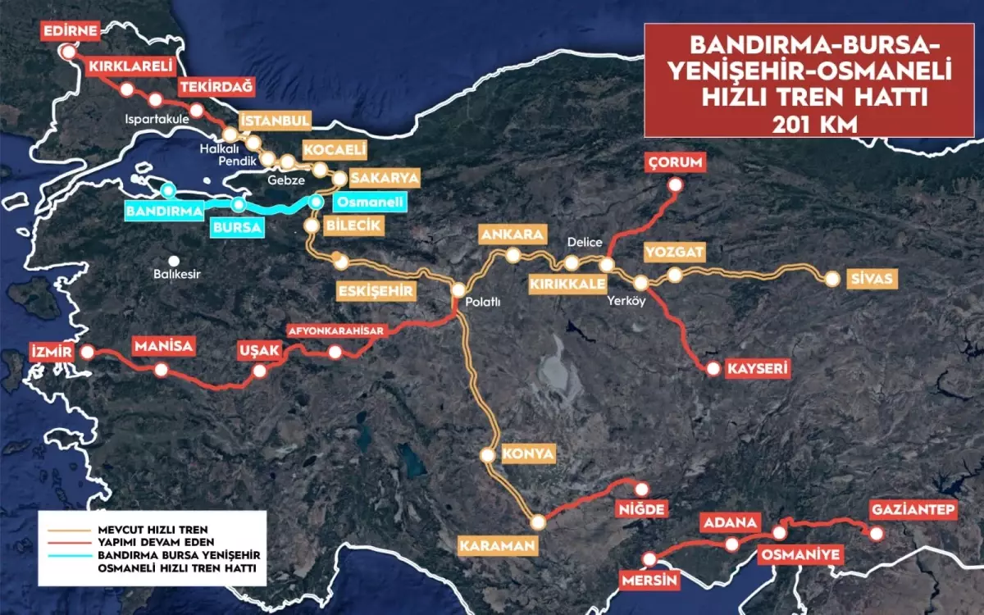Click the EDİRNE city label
click(71, 31)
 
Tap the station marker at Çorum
click(675, 185)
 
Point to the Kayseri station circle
click(713, 370)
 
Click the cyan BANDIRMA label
click(164, 211)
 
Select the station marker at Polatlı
click(458, 289)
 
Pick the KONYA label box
click(530, 453)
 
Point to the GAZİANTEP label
click(913, 510)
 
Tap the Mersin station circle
click(650, 560)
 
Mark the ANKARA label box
click(513, 235)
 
